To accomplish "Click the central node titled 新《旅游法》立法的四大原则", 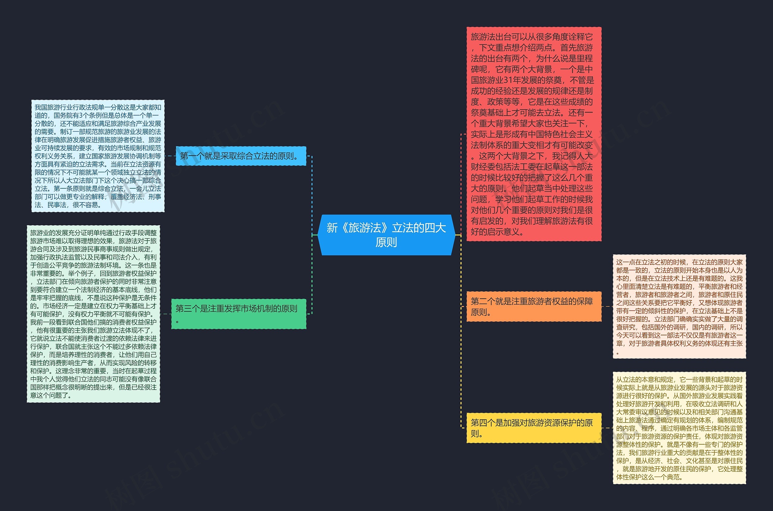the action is pyautogui.click(x=386, y=235).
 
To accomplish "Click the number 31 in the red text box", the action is pyautogui.click(x=508, y=80).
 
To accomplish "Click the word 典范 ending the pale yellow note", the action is pyautogui.click(x=674, y=477).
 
